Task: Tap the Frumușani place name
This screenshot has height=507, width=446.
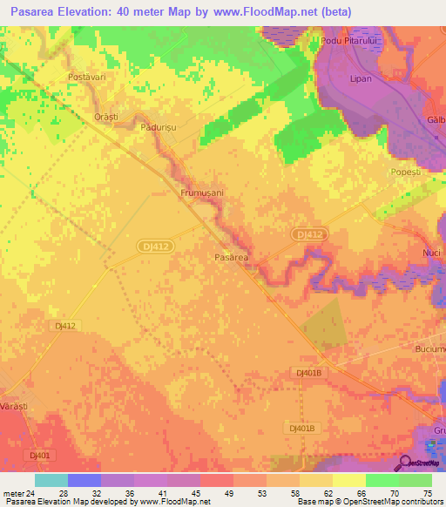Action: tap(202, 192)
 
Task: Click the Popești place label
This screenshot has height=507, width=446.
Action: tap(406, 172)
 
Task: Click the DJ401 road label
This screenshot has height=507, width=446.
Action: tap(38, 455)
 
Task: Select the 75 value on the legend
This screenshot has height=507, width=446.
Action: tap(426, 493)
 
